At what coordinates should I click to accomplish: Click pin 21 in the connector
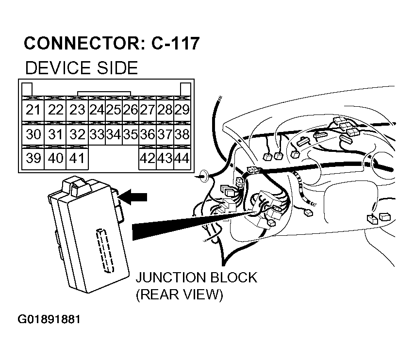click(x=33, y=110)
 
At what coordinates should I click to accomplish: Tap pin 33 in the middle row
click(x=98, y=134)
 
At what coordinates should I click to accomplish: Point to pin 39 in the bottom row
click(x=33, y=158)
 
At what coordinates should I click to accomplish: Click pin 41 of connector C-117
click(x=77, y=158)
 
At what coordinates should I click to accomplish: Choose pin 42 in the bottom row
click(x=148, y=158)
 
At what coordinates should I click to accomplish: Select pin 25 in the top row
click(x=114, y=110)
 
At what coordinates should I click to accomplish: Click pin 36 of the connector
click(x=148, y=134)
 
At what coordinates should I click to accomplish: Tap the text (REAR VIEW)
click(x=179, y=295)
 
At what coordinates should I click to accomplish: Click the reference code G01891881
click(x=49, y=320)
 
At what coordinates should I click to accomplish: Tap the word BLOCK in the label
click(x=232, y=278)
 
